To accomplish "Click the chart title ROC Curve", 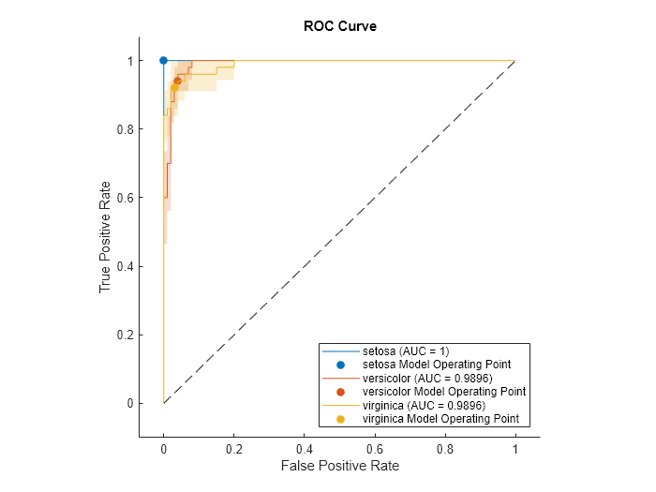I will [339, 26].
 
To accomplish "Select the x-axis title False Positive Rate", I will [339, 466].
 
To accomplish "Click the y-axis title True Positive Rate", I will [105, 236].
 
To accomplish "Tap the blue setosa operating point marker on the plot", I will [164, 60].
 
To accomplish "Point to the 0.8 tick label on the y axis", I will [123, 129].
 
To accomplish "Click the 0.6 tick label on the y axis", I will [123, 198].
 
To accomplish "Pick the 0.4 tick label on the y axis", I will [123, 266].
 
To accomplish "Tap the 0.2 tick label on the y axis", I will [123, 335].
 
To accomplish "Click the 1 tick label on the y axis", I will [128, 61].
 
